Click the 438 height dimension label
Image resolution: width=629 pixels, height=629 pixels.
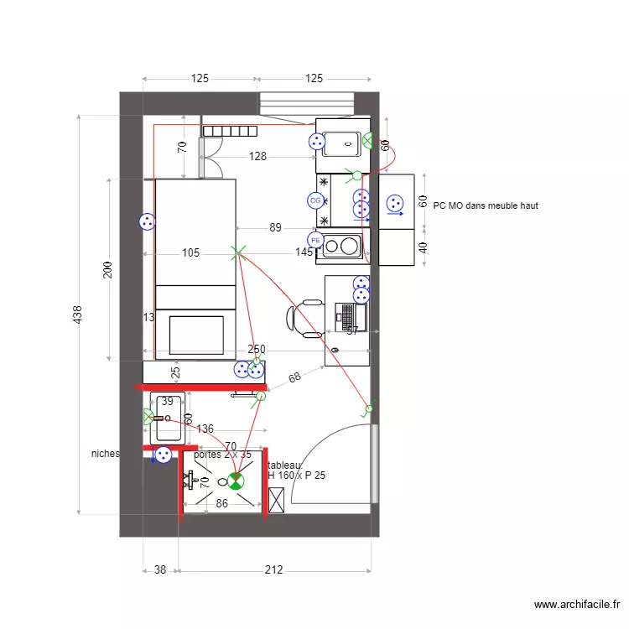(78, 314)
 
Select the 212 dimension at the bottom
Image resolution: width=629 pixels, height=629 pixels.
(273, 570)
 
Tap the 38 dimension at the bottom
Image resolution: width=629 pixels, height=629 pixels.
(159, 570)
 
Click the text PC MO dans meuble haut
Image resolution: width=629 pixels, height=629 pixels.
(486, 205)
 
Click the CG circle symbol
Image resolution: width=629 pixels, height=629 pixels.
(315, 200)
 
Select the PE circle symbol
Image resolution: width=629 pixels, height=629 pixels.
(315, 240)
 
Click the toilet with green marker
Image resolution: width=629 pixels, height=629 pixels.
(235, 481)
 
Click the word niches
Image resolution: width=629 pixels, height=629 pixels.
(106, 454)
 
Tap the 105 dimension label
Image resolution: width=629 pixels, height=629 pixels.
(190, 252)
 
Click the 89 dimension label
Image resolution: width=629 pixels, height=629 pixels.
(275, 227)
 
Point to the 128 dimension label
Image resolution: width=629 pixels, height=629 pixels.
(257, 156)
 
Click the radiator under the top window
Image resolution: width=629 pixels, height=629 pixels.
(229, 130)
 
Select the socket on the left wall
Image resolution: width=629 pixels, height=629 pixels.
(147, 221)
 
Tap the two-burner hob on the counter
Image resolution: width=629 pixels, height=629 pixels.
(340, 246)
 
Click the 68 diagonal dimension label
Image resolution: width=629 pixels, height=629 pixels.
(294, 378)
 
